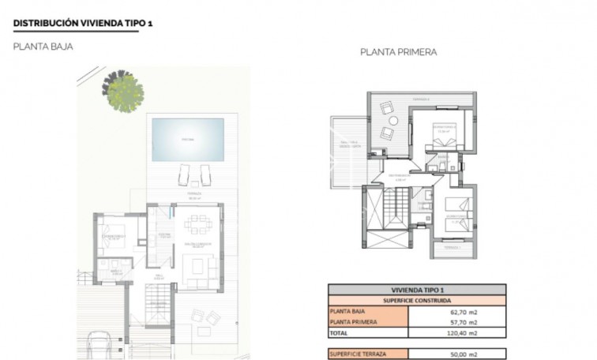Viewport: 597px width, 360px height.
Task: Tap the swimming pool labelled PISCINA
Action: (x=186, y=137)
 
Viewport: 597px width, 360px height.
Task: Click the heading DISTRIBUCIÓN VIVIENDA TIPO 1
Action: (x=83, y=24)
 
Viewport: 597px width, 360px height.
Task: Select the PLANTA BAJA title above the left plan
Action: (x=43, y=47)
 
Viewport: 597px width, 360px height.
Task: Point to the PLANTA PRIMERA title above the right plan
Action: (x=398, y=53)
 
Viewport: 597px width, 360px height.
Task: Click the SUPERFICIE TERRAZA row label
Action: (x=360, y=354)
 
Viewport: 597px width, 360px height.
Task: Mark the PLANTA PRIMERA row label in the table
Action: (x=354, y=322)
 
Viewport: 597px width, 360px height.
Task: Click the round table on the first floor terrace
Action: (x=386, y=120)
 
